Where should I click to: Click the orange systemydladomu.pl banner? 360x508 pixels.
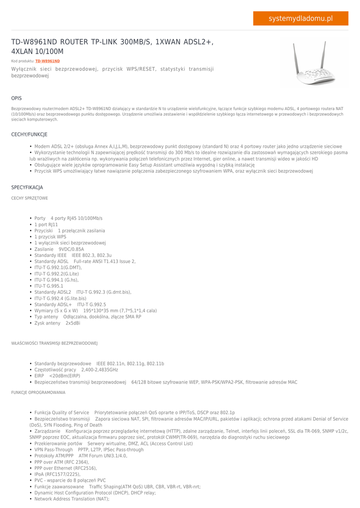(300, 18)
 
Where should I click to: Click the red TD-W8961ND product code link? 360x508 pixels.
(47, 61)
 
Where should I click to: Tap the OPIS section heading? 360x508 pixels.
(16, 98)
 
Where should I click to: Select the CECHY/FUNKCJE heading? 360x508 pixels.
(29, 134)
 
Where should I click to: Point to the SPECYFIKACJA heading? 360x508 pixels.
(27, 188)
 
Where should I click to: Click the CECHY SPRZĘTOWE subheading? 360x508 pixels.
(29, 198)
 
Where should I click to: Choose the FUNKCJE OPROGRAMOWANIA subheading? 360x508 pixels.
(38, 392)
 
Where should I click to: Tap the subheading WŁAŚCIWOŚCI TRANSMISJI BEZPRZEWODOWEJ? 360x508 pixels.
(54, 343)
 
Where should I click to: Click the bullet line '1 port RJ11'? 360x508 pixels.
(46, 225)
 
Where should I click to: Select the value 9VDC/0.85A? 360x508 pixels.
(72, 250)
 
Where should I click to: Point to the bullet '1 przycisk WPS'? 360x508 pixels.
(50, 237)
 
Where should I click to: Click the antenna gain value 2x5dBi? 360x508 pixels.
(72, 323)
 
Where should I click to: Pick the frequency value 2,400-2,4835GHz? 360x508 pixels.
(99, 370)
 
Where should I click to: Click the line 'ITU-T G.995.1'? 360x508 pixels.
(49, 286)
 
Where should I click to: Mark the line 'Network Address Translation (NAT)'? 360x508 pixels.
(72, 499)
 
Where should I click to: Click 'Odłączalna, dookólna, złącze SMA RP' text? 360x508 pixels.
(102, 317)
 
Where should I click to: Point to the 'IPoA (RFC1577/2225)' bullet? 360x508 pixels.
(57, 474)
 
